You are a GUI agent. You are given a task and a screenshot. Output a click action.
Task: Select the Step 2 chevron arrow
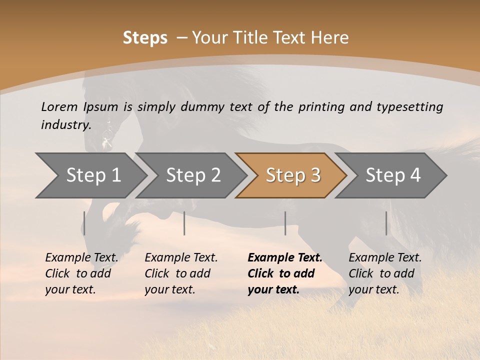193,175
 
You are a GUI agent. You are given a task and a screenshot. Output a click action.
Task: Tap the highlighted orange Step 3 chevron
293,175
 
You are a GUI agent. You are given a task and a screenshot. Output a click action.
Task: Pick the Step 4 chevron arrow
393,175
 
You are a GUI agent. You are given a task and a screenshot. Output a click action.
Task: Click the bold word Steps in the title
145,38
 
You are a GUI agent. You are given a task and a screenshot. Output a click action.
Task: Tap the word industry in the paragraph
65,124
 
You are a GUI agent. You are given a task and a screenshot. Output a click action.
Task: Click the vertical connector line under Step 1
84,223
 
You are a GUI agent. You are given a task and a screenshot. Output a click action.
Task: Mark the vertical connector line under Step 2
184,223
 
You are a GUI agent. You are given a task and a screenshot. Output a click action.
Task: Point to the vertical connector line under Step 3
285,223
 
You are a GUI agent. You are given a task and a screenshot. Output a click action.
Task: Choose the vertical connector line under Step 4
386,223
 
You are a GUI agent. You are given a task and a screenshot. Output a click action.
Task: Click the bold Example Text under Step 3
285,258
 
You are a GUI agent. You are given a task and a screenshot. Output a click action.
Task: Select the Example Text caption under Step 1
81,258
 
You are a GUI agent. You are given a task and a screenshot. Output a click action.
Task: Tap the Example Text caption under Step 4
385,258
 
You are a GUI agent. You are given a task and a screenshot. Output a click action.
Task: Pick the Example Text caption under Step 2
181,258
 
